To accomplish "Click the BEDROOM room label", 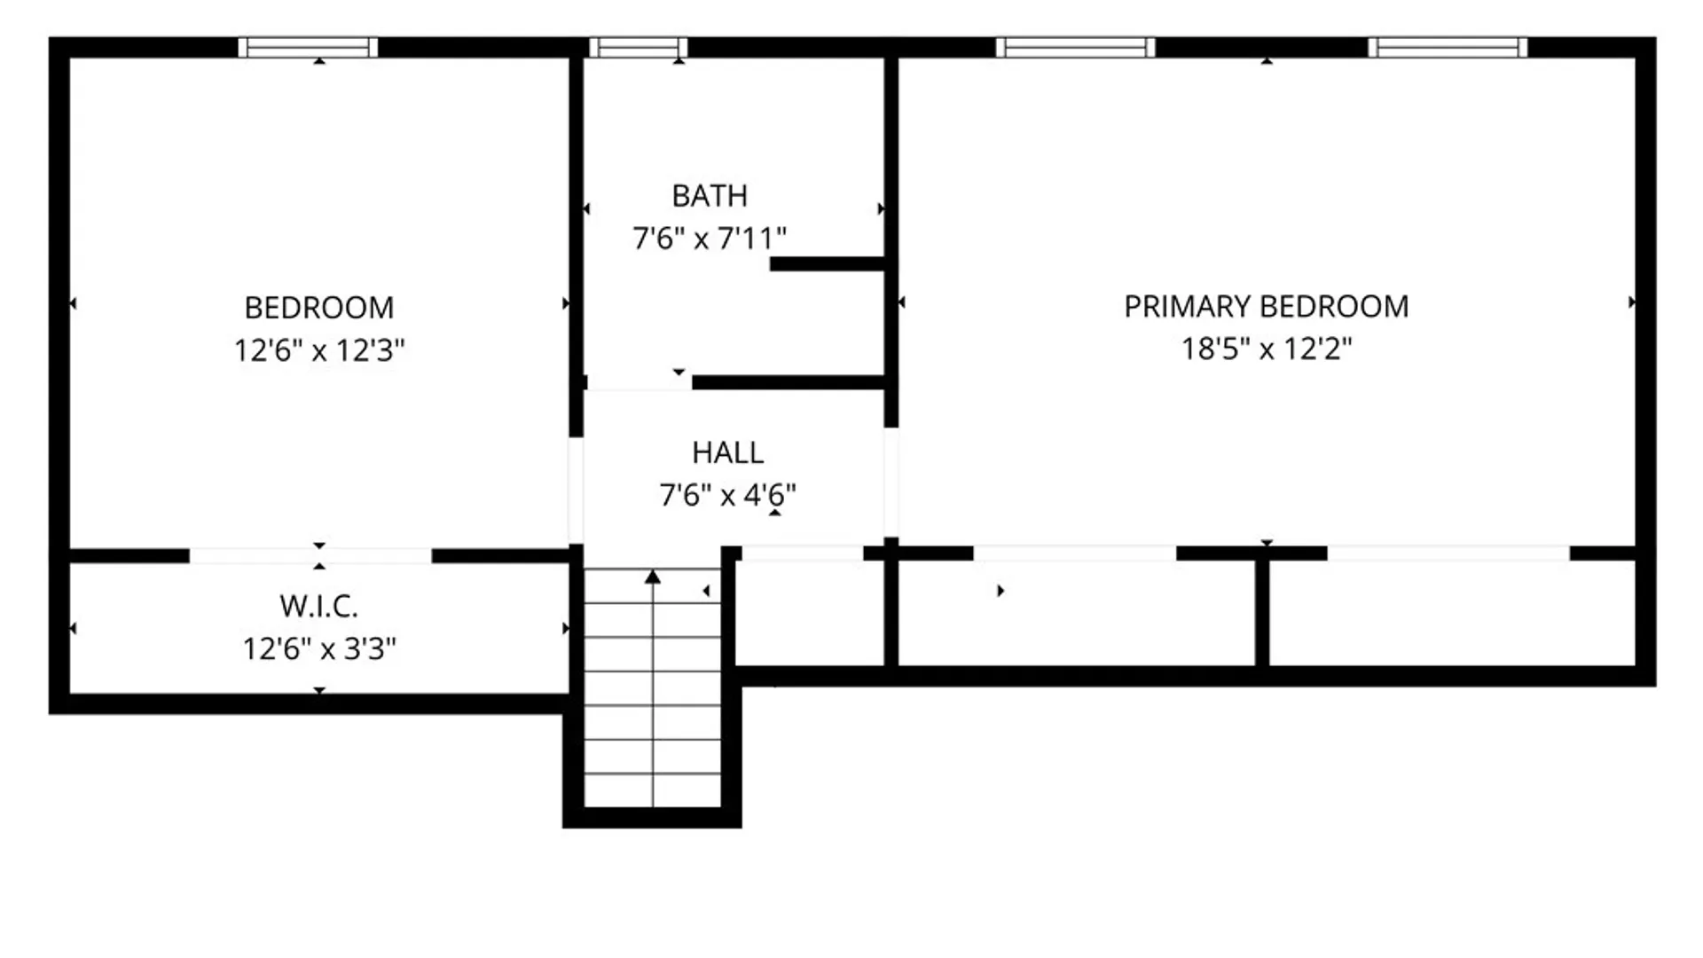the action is point(319,308).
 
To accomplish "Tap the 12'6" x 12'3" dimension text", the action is point(319,350).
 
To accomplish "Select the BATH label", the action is point(710,195).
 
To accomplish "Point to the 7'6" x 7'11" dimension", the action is point(710,238).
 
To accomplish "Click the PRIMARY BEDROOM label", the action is point(1267,307).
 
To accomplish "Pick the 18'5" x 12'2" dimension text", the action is point(1267,349).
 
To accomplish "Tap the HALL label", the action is point(728,452).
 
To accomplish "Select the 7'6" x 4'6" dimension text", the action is point(728,494).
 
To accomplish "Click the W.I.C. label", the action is point(319,607).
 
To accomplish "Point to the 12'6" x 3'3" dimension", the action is point(319,648).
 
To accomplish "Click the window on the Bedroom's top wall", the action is point(308,47).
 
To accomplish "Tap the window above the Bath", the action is point(639,47).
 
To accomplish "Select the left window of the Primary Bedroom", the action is point(1075,47).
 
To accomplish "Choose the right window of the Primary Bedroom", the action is point(1448,47).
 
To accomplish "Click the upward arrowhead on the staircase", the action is point(653,577).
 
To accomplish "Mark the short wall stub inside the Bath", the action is point(828,263).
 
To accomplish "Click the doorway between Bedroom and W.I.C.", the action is point(310,556).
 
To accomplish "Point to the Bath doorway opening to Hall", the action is point(639,383).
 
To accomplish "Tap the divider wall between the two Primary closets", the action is point(1262,612).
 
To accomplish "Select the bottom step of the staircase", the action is point(653,790).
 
